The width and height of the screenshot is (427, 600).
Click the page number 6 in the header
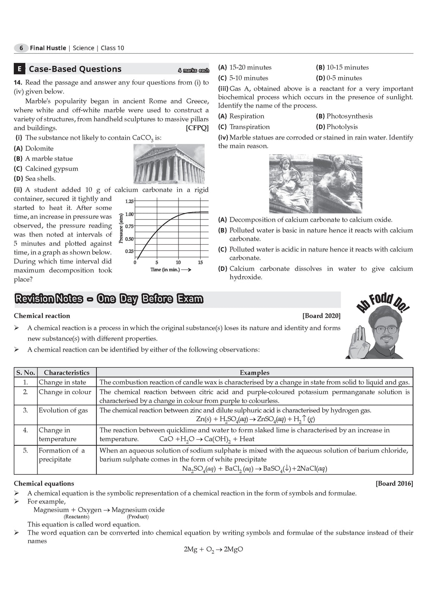coord(21,48)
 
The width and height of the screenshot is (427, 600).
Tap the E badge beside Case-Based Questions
coord(19,69)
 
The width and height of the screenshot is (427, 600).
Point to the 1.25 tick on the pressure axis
coord(129,201)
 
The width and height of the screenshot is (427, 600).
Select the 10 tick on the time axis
coord(178,262)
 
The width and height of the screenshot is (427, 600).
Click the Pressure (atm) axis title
coord(121,228)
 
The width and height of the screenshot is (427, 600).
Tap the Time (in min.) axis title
coord(165,270)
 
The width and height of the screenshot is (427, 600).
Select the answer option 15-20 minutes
coord(250,67)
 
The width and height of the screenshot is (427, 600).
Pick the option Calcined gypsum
coord(51,169)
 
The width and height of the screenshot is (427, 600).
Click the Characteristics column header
coord(67,372)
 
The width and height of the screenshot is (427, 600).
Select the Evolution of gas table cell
coord(63,410)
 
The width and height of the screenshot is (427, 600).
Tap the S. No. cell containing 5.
coord(25,450)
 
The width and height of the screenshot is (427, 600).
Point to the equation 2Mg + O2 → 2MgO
coord(213,550)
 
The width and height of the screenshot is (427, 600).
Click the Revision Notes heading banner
coord(109,299)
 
